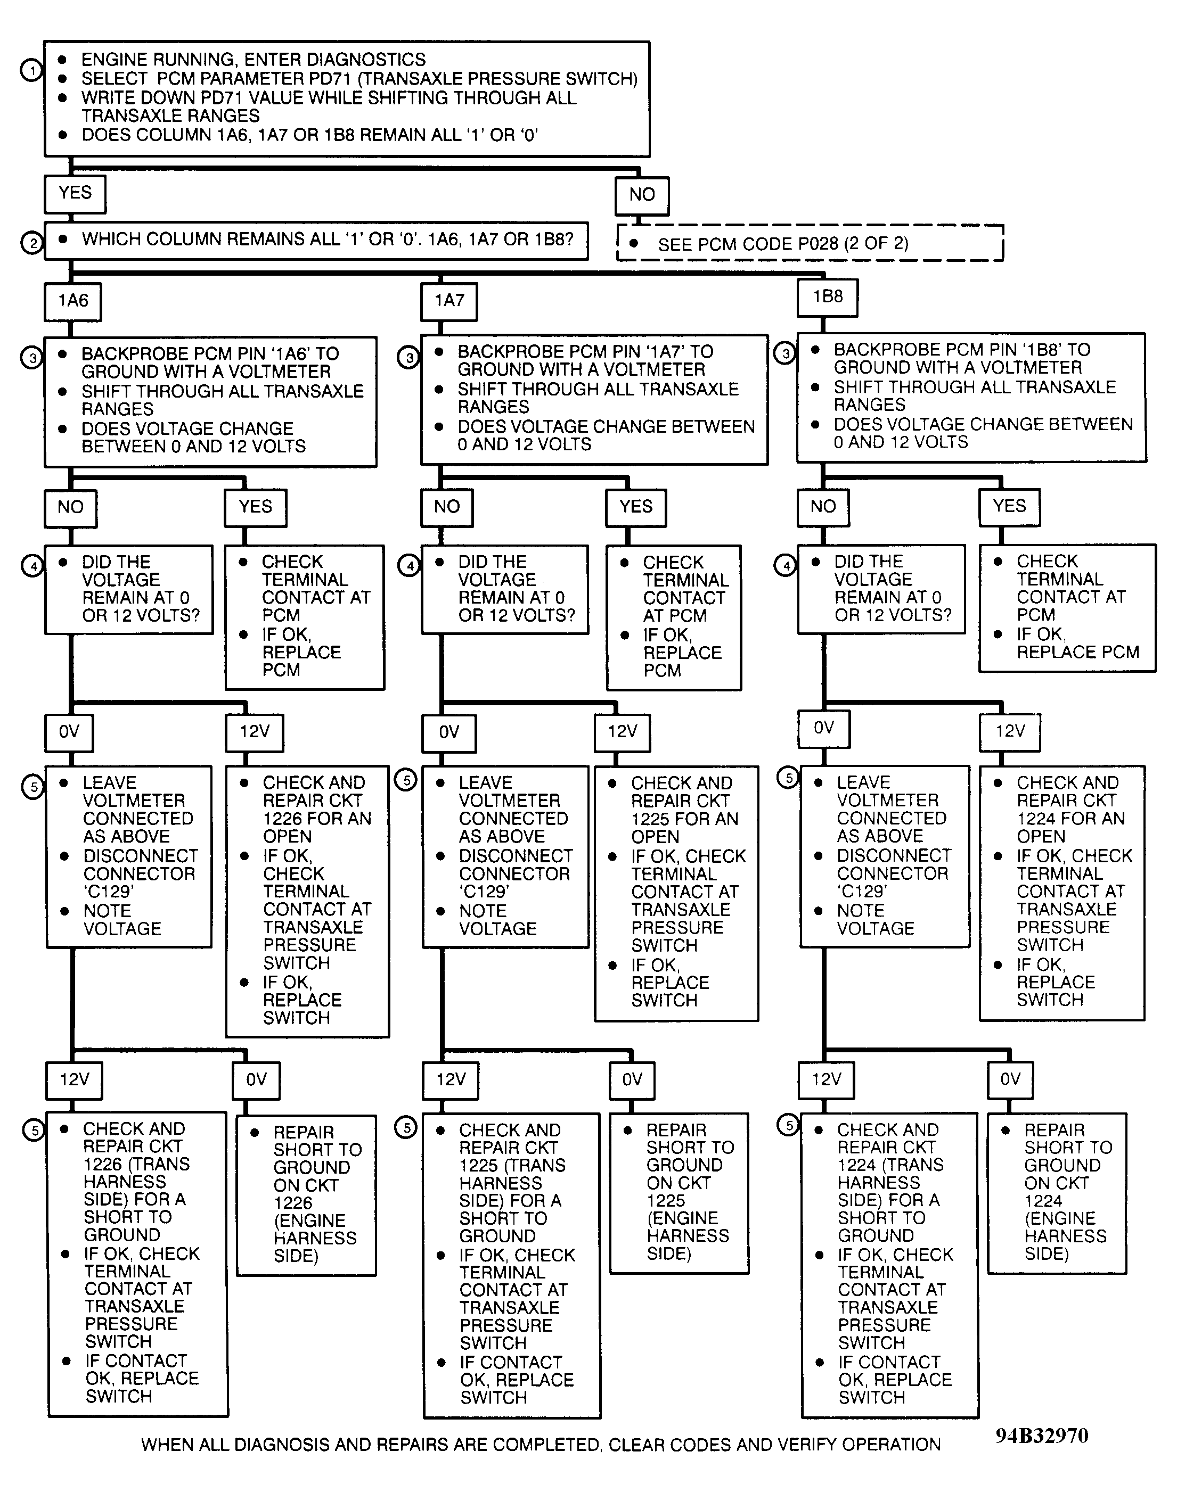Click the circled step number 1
click(x=31, y=70)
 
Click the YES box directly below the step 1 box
click(x=75, y=194)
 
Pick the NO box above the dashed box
click(x=642, y=195)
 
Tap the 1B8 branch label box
click(x=827, y=297)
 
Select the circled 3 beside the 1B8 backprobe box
click(x=785, y=353)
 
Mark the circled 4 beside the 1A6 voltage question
click(x=32, y=566)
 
